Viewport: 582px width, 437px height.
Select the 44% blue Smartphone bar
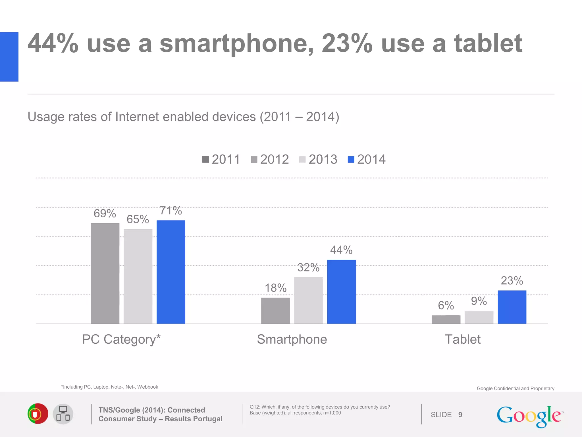click(341, 292)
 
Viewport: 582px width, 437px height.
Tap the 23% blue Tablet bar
click(512, 307)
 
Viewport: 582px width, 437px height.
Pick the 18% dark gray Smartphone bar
click(275, 311)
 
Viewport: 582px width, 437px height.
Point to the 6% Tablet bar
click(446, 319)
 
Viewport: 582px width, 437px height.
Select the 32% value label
click(308, 267)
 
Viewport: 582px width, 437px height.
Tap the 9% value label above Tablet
click(479, 301)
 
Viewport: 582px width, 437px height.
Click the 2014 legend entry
click(367, 159)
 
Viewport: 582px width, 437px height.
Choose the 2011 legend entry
click(221, 159)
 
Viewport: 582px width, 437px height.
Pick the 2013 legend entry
click(318, 159)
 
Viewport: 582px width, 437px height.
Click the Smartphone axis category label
click(292, 339)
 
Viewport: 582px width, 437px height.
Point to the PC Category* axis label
click(121, 339)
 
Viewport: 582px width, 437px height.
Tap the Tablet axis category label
click(462, 339)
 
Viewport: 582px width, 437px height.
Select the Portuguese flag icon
click(38, 414)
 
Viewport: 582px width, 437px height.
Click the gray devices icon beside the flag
click(63, 414)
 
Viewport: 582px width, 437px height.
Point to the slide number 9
click(460, 415)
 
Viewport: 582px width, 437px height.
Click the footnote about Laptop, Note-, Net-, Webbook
click(110, 387)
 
